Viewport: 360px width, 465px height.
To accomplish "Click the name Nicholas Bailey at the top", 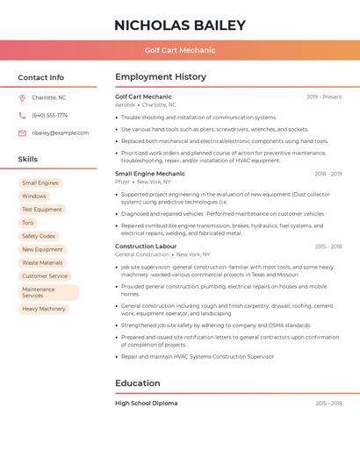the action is [179, 25].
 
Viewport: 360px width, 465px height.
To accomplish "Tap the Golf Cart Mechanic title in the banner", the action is [179, 50].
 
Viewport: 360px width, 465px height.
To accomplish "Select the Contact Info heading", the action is [41, 77].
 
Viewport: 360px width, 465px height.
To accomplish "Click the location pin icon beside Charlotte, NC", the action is [22, 97].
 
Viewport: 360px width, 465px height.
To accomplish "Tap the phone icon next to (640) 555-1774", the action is [22, 115].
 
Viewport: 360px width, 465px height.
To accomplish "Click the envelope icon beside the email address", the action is [22, 132].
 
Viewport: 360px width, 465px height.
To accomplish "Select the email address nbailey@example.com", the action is [60, 132].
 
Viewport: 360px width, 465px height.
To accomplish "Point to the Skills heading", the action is [28, 159].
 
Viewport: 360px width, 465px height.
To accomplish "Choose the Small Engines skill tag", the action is [40, 182].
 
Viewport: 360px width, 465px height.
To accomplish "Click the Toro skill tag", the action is [28, 223].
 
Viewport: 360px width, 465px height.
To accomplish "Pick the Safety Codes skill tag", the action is [39, 236].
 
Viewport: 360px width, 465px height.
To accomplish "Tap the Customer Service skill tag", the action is [45, 275].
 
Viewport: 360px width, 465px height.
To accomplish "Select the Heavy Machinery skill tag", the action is [44, 309].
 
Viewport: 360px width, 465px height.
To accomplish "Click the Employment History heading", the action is [161, 77].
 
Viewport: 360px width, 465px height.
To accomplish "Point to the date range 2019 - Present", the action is [324, 97].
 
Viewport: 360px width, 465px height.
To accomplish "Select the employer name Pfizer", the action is [122, 182].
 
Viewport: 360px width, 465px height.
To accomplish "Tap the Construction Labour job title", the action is [147, 247].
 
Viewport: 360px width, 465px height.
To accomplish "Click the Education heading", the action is [138, 383].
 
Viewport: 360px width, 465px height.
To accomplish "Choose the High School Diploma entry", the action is [146, 403].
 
